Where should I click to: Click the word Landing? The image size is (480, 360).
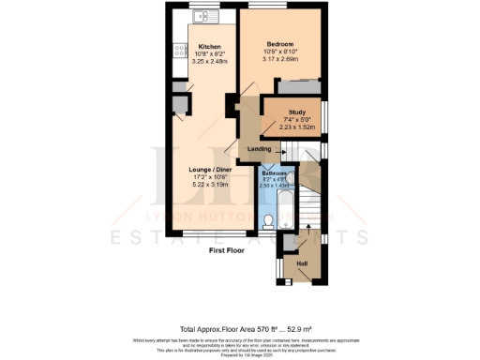point(259,149)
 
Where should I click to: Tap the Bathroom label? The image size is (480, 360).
point(274,173)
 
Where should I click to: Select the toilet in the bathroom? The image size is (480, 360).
point(269,221)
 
